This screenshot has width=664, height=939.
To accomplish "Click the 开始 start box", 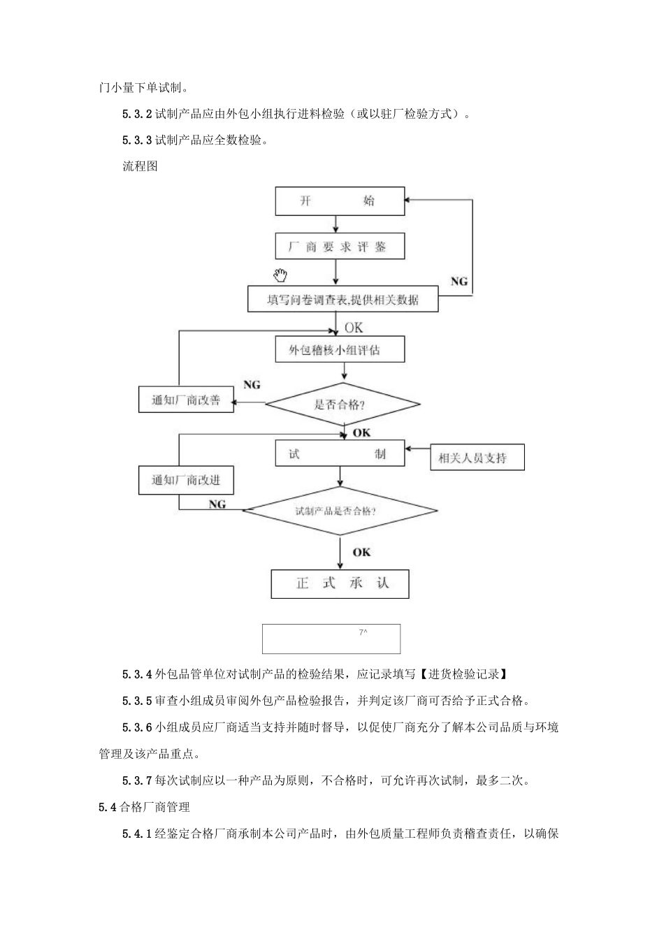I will click(x=340, y=201).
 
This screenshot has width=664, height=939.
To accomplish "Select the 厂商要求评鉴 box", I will click(x=340, y=247).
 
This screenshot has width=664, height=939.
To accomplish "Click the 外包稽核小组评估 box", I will click(x=340, y=349).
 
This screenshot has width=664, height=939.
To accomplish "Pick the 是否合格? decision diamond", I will click(x=342, y=404).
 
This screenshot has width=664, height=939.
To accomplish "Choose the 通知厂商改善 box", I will click(x=186, y=400).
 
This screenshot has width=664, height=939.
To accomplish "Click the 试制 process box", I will click(x=340, y=453).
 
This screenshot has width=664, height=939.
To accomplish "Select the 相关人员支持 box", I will click(x=476, y=458).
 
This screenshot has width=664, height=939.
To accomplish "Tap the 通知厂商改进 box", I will click(x=186, y=480).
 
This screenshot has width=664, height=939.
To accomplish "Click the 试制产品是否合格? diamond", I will click(x=340, y=511).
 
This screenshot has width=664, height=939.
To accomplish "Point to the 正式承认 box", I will click(x=340, y=583).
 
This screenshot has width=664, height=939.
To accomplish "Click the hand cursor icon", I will click(x=281, y=275).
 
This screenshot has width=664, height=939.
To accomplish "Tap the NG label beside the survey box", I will click(x=459, y=282).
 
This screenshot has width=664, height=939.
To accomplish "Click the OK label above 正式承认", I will click(x=361, y=553).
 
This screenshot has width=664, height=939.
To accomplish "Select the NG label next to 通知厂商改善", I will click(x=252, y=385).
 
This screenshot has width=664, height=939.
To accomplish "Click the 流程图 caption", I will click(x=140, y=166).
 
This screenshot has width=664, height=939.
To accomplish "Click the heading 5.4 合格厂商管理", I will click(x=145, y=807).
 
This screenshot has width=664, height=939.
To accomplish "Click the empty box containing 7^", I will click(x=331, y=639).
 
